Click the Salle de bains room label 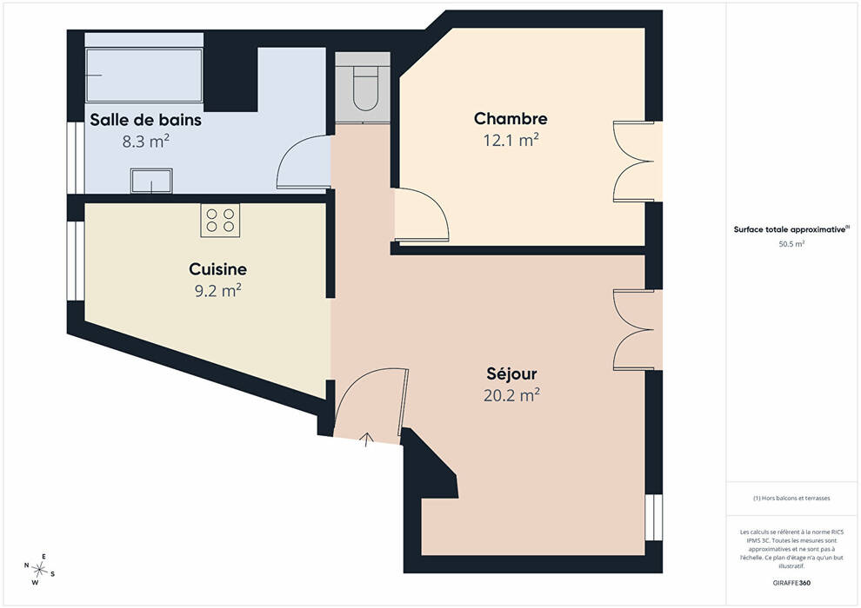click(x=145, y=120)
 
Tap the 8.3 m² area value click(x=145, y=142)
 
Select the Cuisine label click(x=217, y=269)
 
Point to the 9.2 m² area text click(x=218, y=291)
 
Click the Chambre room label click(x=511, y=118)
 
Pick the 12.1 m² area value click(x=511, y=140)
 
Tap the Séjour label click(x=511, y=373)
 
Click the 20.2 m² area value click(x=511, y=394)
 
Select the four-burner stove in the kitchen click(x=220, y=221)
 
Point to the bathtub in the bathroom click(x=143, y=75)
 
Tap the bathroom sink click(x=151, y=181)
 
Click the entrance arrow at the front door click(x=367, y=439)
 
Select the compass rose click(x=39, y=570)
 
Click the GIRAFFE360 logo click(x=791, y=583)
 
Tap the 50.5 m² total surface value click(x=791, y=245)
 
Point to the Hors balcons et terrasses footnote click(x=791, y=499)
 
